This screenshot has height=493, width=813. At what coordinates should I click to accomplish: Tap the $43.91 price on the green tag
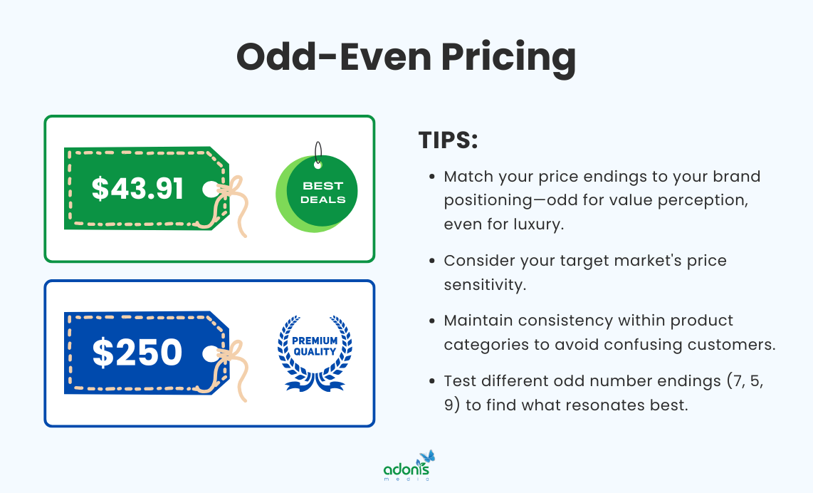[137, 188]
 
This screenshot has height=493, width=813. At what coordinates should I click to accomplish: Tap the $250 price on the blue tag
[137, 353]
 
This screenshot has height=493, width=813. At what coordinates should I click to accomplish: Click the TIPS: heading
[448, 140]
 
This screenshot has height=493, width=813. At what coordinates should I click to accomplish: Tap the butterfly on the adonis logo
[426, 457]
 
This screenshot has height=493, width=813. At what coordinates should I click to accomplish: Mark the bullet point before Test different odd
[432, 382]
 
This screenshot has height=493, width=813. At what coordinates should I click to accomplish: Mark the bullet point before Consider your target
[432, 261]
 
